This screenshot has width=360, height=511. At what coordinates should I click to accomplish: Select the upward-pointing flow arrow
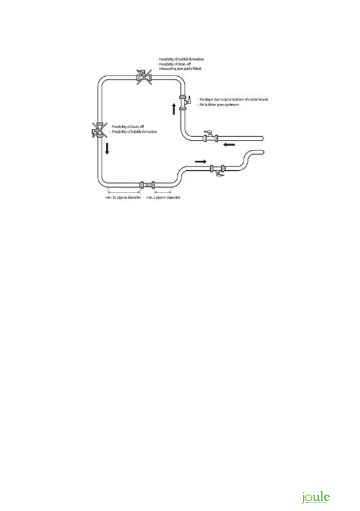174,109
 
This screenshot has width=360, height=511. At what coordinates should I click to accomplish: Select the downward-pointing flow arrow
107,149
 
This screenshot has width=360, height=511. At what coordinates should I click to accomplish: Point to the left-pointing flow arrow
229,145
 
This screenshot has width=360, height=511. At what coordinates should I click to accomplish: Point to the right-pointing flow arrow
200,161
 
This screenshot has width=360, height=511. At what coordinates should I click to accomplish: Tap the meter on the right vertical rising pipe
183,103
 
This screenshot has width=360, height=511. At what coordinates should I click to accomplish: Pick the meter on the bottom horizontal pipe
148,185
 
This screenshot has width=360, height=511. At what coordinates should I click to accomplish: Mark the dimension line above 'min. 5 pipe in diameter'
163,191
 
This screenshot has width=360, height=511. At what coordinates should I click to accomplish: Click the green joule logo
315,498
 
